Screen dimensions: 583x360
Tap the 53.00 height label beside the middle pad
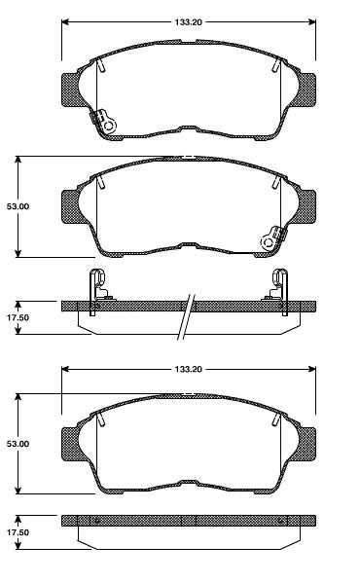click(x=18, y=207)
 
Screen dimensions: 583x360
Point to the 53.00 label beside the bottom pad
click(x=18, y=444)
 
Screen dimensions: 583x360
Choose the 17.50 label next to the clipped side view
click(x=18, y=317)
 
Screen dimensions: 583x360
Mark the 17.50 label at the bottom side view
click(x=18, y=534)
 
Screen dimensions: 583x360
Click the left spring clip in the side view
click(x=97, y=286)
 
